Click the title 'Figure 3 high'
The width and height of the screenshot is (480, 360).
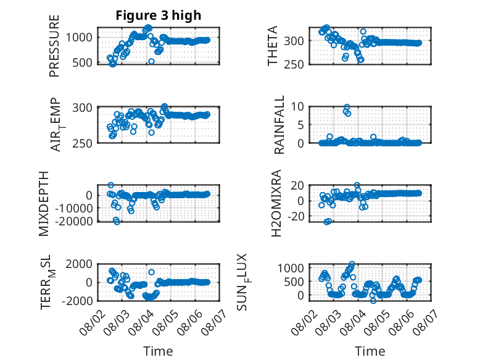[159, 15]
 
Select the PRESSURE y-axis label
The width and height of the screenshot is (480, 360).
[54, 46]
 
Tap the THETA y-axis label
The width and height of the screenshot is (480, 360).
[272, 46]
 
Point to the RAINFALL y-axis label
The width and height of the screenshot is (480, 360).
[279, 125]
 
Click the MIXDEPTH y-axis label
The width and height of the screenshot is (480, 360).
[44, 204]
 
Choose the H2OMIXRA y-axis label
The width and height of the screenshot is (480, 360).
[276, 203]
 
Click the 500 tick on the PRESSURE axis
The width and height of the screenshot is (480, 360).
[82, 63]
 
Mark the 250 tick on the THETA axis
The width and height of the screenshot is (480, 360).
[294, 64]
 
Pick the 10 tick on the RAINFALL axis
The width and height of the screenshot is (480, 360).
[297, 107]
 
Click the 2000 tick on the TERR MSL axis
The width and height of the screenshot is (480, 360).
[79, 264]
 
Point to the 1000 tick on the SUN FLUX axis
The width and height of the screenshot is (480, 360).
[291, 269]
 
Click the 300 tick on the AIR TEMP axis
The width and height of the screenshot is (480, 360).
[82, 108]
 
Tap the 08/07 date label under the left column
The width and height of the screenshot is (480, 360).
[214, 322]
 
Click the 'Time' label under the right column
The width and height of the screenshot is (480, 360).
[370, 351]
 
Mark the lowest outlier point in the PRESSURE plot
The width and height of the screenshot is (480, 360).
[151, 62]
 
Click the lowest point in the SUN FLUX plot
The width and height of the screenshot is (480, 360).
[373, 301]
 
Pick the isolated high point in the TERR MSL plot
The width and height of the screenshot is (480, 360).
[152, 272]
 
